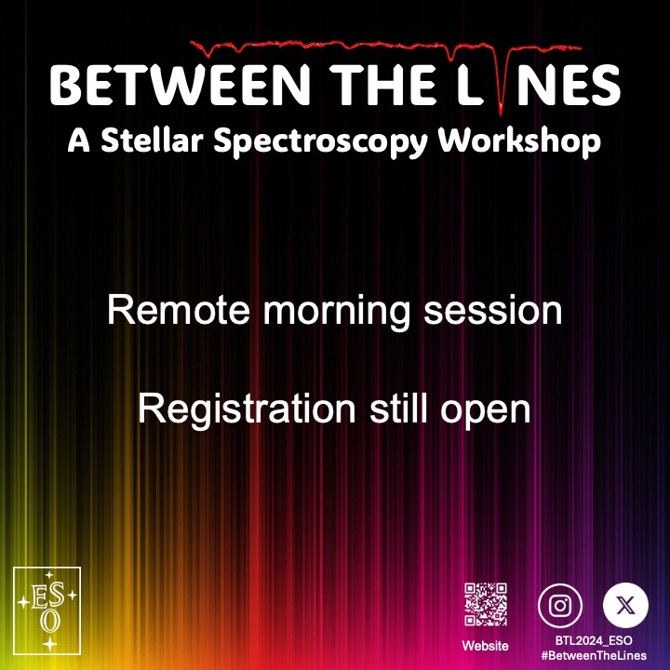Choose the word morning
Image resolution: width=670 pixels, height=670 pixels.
point(337,312)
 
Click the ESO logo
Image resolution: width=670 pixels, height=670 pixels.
point(47,609)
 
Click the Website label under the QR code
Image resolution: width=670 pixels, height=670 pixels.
point(486,645)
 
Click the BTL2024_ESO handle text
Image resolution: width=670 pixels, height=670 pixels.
point(593,641)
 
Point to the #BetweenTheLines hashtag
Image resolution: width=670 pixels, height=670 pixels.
point(593,655)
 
